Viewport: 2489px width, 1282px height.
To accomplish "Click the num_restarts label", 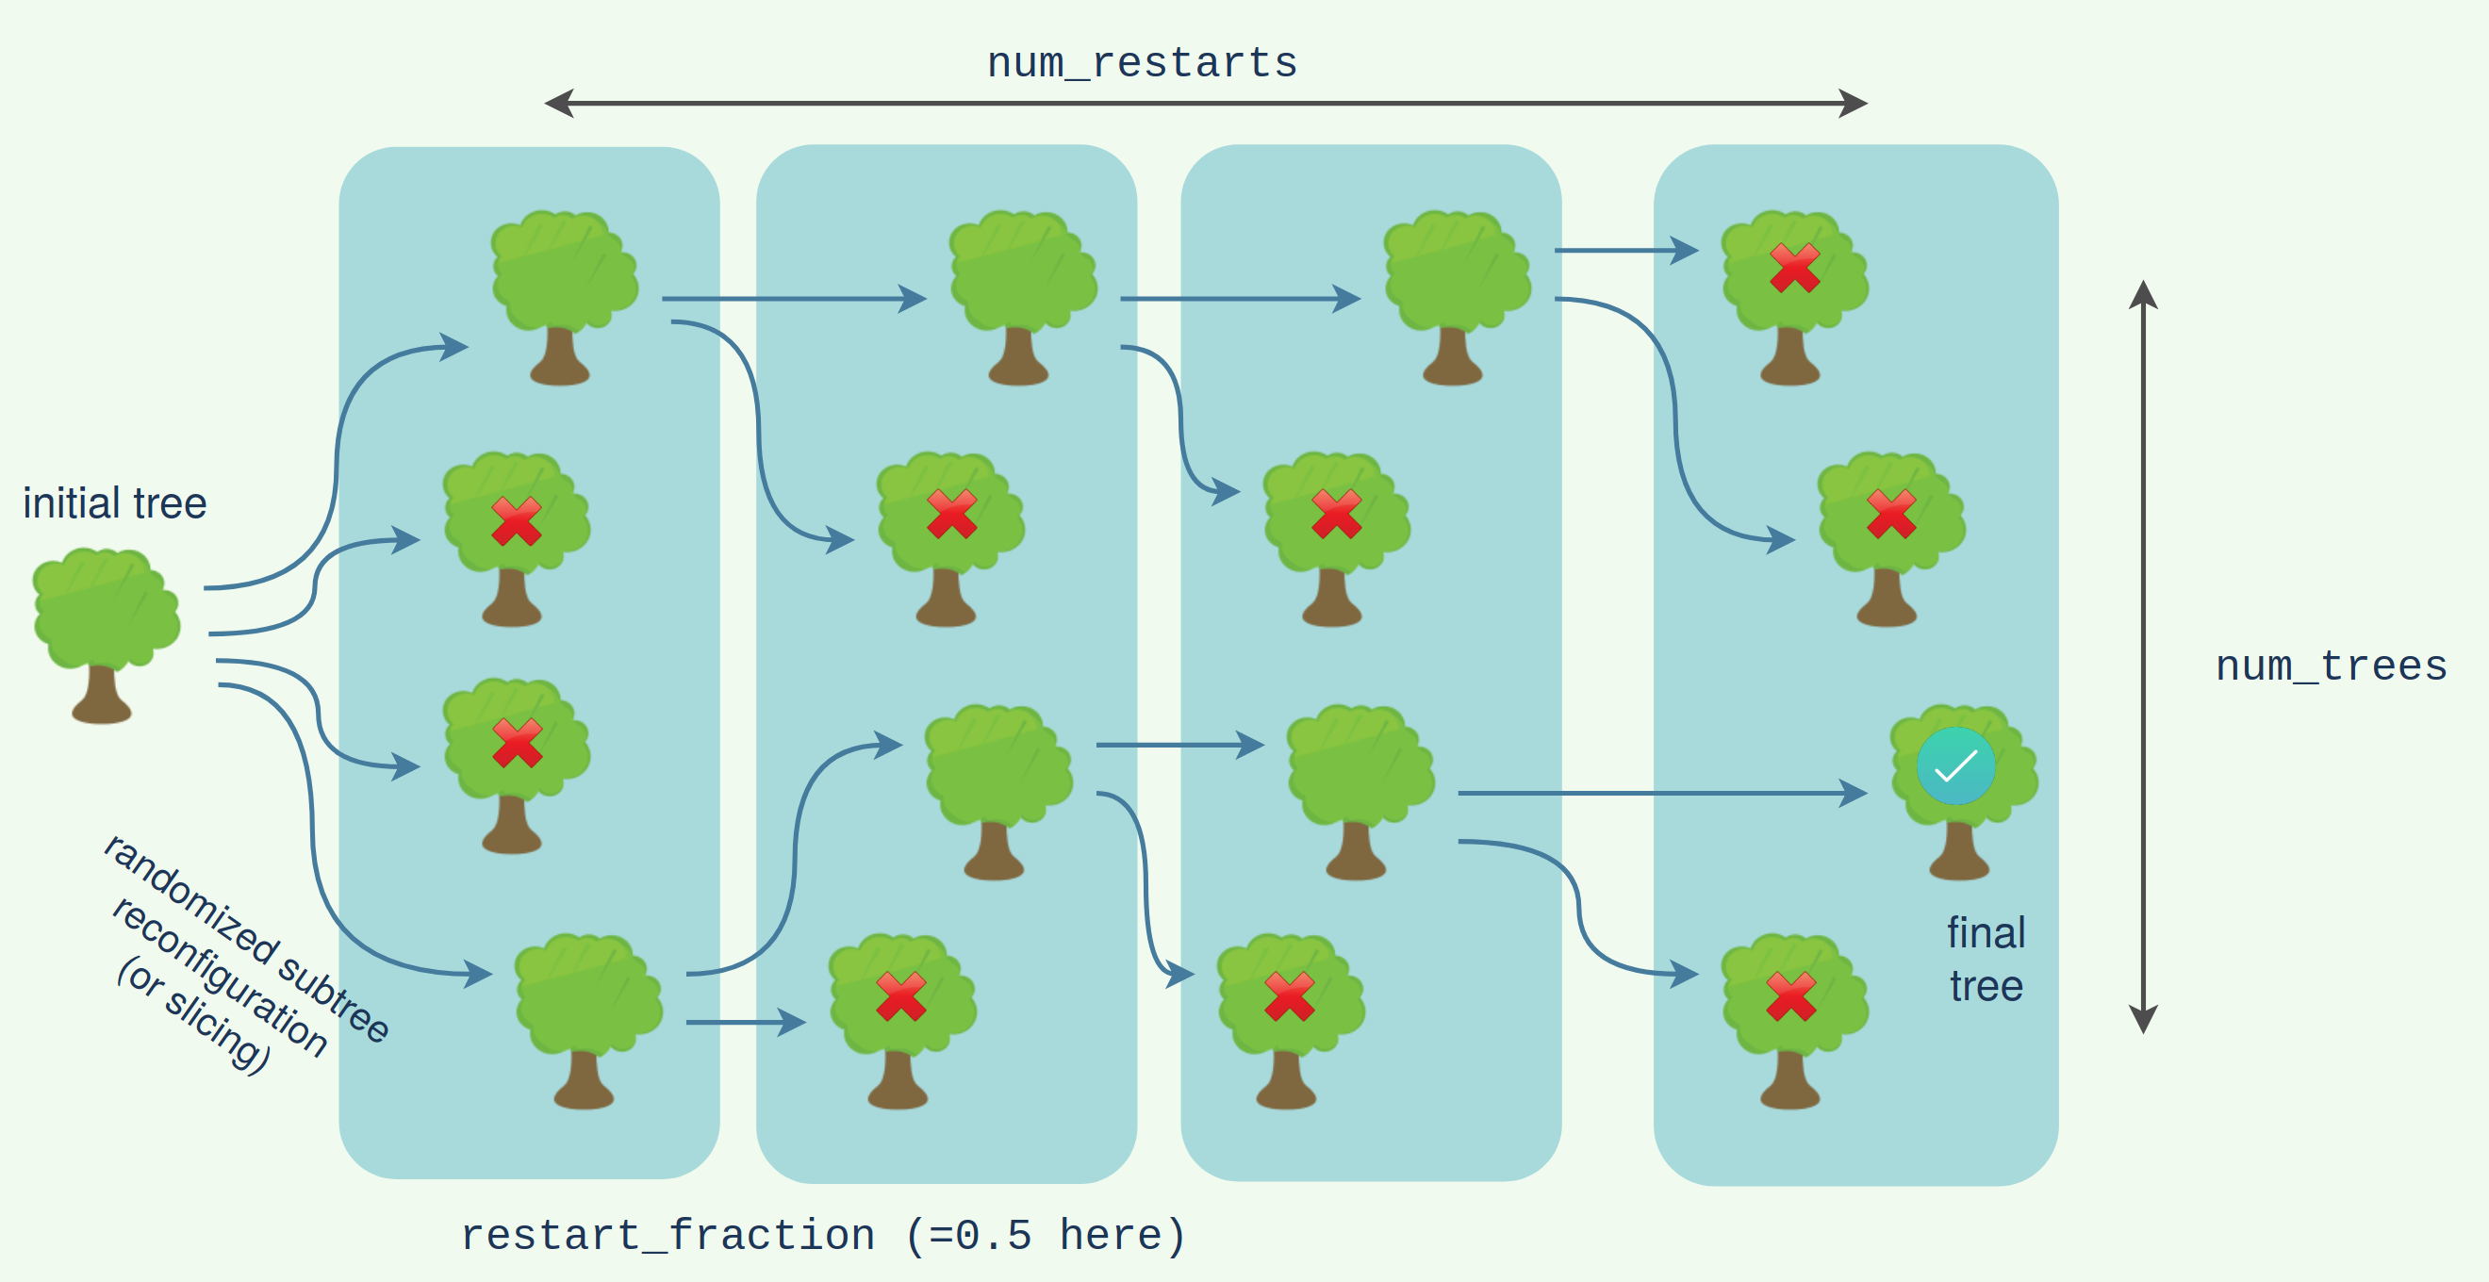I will [x=1141, y=64].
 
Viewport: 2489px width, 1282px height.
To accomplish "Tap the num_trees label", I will [x=2331, y=666].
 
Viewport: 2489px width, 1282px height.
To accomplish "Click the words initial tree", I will [x=115, y=503].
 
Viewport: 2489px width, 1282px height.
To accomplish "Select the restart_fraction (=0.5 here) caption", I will [x=823, y=1236].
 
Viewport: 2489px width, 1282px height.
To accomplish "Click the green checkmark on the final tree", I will [x=1955, y=766].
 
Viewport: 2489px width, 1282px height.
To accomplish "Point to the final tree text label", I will [x=1986, y=960].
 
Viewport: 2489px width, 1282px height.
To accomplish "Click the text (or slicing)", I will [x=192, y=1015].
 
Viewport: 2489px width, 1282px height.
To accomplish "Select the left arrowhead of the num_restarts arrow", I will [x=558, y=104].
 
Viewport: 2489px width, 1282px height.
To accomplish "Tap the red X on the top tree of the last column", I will [x=1794, y=268].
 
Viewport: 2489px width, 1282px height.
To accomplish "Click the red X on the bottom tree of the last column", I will [x=1790, y=996].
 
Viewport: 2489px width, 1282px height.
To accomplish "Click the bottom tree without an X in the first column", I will [x=587, y=1018].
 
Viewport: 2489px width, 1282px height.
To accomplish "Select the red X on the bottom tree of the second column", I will [x=900, y=996].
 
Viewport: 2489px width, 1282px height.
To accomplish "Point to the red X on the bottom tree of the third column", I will [x=1289, y=996].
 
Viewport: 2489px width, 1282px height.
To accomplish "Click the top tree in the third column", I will [x=1456, y=296].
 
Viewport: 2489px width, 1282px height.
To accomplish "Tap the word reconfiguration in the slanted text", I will [x=221, y=977].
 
